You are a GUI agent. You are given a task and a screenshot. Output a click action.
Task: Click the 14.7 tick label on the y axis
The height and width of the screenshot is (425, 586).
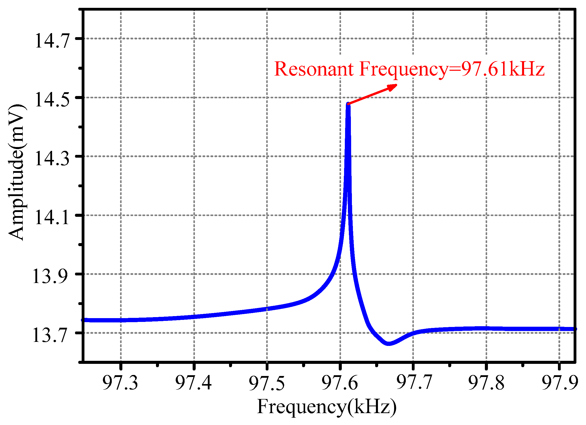pyautogui.click(x=52, y=41)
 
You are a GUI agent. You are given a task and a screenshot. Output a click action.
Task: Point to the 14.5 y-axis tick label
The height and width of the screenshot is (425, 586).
pyautogui.click(x=52, y=100)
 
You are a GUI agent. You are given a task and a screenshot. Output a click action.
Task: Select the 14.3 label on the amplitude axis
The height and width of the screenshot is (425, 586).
pyautogui.click(x=52, y=159)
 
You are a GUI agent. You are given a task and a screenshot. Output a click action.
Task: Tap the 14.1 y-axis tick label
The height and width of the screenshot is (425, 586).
pyautogui.click(x=52, y=218)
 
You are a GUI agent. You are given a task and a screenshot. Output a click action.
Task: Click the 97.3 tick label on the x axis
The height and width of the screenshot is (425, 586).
pyautogui.click(x=120, y=382)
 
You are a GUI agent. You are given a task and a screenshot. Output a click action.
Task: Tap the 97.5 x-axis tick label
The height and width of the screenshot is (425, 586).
pyautogui.click(x=267, y=382)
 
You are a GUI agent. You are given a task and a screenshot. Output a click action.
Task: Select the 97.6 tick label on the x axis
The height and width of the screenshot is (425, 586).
pyautogui.click(x=340, y=382)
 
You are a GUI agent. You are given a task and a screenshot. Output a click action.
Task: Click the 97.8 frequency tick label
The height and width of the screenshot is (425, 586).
pyautogui.click(x=486, y=382)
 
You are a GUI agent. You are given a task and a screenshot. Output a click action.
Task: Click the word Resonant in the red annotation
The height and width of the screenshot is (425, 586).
pyautogui.click(x=314, y=69)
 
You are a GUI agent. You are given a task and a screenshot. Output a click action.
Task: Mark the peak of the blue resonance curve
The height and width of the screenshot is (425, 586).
pyautogui.click(x=348, y=104)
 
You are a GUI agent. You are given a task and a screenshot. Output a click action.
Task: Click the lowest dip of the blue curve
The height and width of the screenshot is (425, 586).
pyautogui.click(x=389, y=343)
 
